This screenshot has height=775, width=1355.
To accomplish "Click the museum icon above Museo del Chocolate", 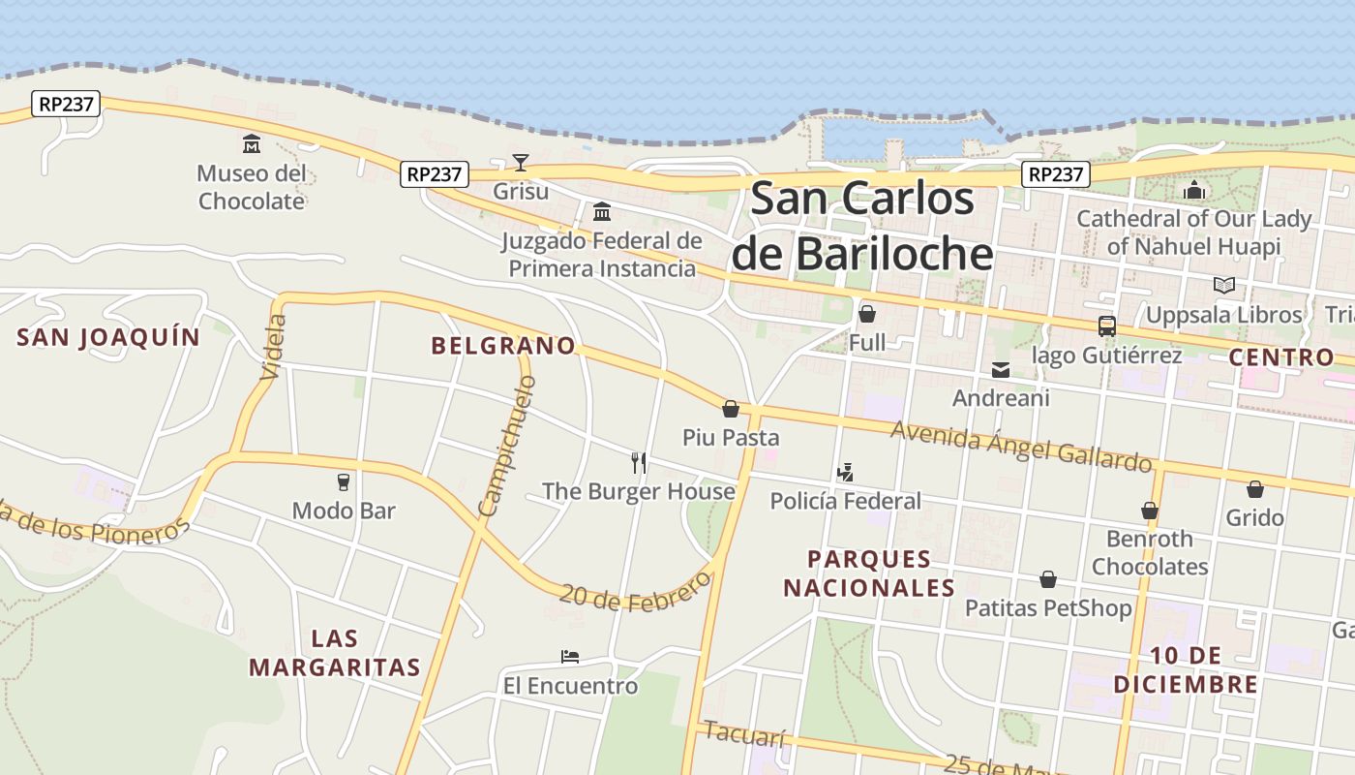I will pyautogui.click(x=252, y=144).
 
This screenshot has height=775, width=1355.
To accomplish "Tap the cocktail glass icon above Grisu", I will pyautogui.click(x=521, y=162).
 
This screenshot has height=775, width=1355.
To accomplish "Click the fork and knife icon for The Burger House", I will pyautogui.click(x=638, y=462).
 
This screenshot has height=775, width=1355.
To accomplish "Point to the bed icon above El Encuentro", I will pyautogui.click(x=570, y=657).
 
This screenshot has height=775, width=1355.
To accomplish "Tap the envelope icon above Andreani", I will pyautogui.click(x=1000, y=369).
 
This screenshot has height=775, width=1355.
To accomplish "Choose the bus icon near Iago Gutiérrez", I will pyautogui.click(x=1106, y=326).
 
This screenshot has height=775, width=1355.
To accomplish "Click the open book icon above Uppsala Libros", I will pyautogui.click(x=1223, y=286).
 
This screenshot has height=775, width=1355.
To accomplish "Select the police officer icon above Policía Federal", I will pyautogui.click(x=845, y=473).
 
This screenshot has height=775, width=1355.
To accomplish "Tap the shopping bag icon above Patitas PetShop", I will pyautogui.click(x=1047, y=579).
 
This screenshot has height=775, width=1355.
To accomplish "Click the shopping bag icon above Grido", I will pyautogui.click(x=1254, y=489).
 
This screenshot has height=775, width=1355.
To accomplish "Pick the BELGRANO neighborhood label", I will pyautogui.click(x=502, y=346).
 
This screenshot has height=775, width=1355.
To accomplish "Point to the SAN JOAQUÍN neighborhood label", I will pyautogui.click(x=108, y=337).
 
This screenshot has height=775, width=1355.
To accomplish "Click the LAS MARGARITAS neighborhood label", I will pyautogui.click(x=335, y=653).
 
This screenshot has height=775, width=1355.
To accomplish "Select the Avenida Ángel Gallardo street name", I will pyautogui.click(x=1021, y=447).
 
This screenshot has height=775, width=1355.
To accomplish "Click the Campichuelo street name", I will pyautogui.click(x=506, y=447).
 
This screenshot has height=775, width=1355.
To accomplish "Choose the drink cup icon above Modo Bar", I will pyautogui.click(x=343, y=481).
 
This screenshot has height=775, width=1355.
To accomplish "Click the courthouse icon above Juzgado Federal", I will pyautogui.click(x=601, y=211).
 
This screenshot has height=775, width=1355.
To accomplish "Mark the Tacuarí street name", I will pyautogui.click(x=744, y=734).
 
